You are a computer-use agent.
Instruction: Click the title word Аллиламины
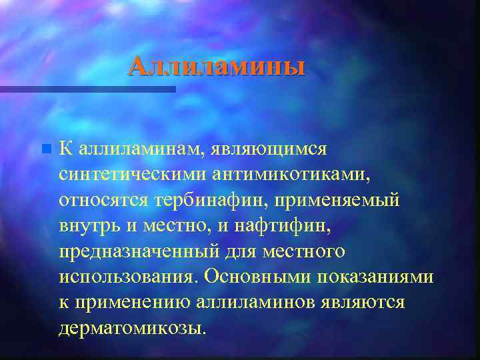tap(217, 67)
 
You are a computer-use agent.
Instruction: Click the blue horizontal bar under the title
tap(87, 89)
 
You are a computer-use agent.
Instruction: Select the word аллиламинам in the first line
tap(141, 148)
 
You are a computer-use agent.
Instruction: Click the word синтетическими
tap(133, 174)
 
